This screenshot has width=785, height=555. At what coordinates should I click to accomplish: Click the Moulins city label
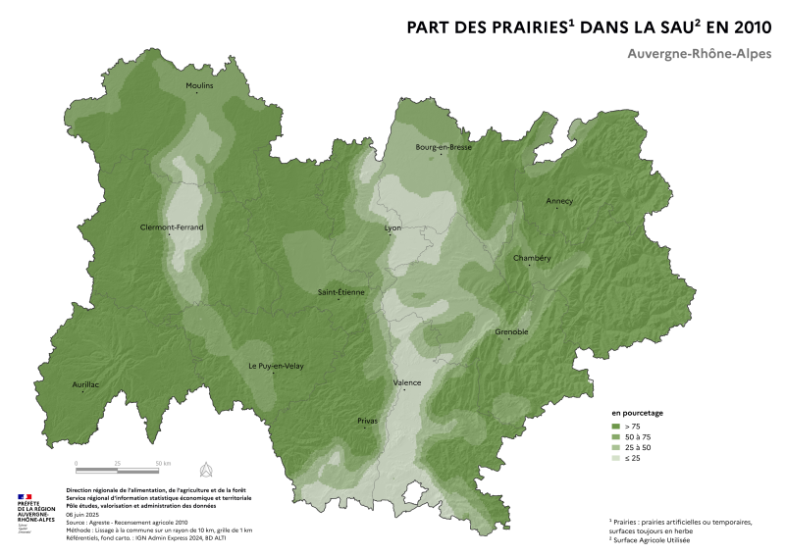pos(199,86)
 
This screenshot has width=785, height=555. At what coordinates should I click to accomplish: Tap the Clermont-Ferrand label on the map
pos(172,227)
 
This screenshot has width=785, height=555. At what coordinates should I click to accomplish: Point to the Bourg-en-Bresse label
pos(444,147)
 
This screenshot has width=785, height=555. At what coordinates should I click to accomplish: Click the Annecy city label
pos(559,201)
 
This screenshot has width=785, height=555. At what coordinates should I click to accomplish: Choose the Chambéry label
pos(532,258)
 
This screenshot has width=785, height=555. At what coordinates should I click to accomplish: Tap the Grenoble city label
pos(511,331)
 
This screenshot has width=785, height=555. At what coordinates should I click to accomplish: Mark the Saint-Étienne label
pos(340,292)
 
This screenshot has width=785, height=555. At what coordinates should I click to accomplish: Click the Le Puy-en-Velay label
pos(276,366)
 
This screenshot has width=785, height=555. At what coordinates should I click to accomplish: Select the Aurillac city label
pos(85,384)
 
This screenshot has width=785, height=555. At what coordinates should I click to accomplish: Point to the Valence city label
pos(406,382)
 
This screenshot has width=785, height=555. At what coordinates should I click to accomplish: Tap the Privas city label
pos(367,421)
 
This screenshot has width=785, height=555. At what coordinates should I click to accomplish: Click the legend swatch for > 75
pos(616,428)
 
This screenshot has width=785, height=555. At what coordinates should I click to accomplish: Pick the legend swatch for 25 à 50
pos(616,447)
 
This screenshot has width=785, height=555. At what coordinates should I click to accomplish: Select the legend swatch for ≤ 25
pos(616,458)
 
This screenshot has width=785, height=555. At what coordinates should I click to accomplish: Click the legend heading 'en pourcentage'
pos(639,414)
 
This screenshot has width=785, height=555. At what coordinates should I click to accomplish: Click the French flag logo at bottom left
pos(25,498)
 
